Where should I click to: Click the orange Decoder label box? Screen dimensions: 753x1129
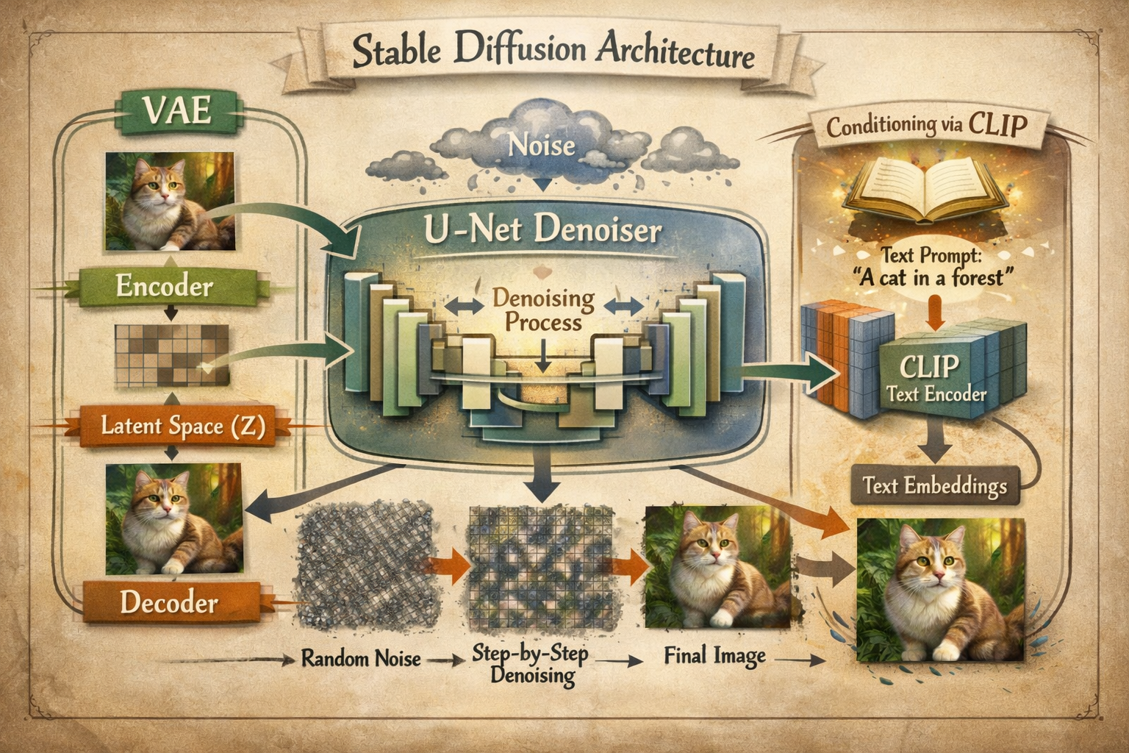168,603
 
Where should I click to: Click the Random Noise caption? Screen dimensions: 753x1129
361,657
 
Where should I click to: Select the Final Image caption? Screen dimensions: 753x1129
714,654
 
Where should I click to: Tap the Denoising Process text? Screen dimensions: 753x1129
543,311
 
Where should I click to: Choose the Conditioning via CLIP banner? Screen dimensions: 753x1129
925,126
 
